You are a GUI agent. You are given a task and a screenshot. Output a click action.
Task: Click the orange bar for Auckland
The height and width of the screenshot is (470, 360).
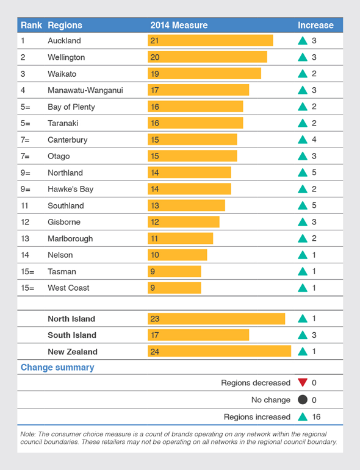coord(210,41)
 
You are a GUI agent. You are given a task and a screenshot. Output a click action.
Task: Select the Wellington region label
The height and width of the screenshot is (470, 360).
coord(66,57)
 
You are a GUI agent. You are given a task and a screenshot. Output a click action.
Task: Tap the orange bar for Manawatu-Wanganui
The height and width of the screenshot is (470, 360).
coord(198,90)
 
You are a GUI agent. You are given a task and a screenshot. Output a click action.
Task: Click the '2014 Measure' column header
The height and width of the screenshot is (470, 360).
coord(179,26)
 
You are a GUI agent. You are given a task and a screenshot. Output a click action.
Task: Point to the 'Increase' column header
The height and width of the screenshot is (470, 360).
coord(315,26)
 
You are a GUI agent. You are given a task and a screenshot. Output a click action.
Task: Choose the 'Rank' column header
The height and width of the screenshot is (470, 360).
coord(31,26)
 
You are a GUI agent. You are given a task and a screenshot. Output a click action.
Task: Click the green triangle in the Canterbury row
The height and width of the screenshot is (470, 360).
coord(302,140)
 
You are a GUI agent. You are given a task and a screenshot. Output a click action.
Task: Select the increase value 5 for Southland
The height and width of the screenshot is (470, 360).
coord(314,205)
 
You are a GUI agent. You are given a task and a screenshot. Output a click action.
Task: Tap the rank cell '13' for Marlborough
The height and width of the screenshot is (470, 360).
coord(25,238)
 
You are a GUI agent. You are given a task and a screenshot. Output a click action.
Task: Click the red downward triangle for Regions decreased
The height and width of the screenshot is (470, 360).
coord(302,383)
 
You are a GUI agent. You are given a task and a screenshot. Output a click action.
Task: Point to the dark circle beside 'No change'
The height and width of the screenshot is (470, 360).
coord(302,400)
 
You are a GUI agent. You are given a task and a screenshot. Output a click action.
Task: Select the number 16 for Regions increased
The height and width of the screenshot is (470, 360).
coord(316,417)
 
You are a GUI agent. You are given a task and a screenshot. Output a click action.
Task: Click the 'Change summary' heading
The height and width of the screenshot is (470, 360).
coord(57,368)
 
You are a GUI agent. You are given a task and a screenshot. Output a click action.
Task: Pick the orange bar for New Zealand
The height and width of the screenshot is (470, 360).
coord(219,352)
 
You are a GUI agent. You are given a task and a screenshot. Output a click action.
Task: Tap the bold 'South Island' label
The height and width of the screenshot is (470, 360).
coord(72,335)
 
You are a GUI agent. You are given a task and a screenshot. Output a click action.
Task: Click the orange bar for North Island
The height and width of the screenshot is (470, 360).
coord(216,319)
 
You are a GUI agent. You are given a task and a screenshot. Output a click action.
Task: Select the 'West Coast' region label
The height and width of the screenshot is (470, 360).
coord(68,288)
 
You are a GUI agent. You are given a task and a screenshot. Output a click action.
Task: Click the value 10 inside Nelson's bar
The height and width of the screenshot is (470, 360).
coord(154,255)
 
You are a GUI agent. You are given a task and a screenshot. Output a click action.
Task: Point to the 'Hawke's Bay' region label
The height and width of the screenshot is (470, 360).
coord(70,189)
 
